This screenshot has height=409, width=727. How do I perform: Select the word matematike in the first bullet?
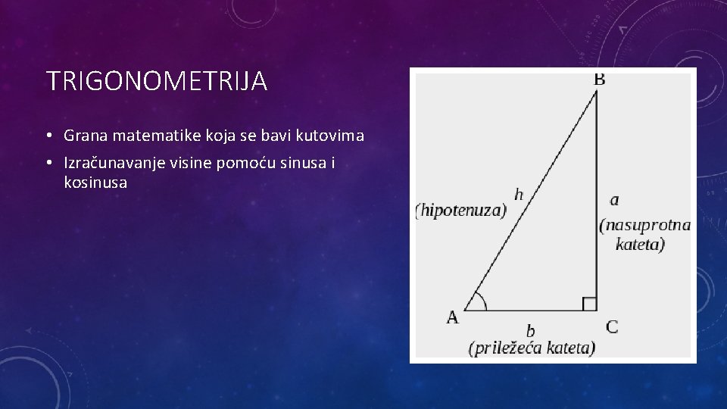147,136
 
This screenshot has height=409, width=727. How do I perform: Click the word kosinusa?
96,183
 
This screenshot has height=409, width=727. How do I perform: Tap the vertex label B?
598,78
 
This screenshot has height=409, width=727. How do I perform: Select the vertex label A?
452,317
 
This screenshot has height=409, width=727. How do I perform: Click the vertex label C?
612,326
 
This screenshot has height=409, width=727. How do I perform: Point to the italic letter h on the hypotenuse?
519,195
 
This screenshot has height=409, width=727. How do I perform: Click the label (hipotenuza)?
460,211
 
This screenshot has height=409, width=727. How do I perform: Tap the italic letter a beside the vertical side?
613,200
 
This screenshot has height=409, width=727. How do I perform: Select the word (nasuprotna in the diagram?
644,225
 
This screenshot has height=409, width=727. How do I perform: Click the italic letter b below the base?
530,330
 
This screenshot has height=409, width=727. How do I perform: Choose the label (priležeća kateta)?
532,348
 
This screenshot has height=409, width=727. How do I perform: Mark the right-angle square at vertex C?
589,304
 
